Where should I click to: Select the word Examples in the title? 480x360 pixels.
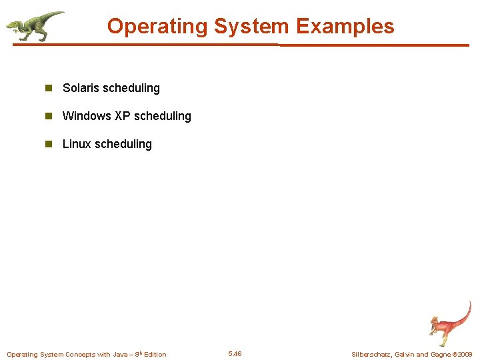coord(345,27)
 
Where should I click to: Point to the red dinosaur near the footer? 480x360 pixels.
coord(448,323)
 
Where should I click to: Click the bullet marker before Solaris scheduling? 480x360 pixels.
coord(48,88)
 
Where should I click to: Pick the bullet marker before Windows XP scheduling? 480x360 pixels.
coord(48,116)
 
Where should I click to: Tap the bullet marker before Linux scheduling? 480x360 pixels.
coord(48,144)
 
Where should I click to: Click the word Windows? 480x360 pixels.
coord(87,116)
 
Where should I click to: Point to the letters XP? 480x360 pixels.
coord(122,116)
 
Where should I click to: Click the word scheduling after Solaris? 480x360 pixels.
coord(131,88)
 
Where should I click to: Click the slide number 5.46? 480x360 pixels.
coord(235,354)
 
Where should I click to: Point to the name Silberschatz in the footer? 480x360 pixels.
coord(371,354)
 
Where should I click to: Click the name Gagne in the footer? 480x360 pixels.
coord(441,354)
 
